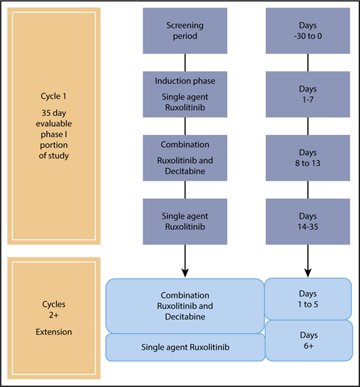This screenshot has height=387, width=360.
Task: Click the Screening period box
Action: tap(185, 30)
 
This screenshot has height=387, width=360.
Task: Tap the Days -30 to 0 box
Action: tap(307, 30)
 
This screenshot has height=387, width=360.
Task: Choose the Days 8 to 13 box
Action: tap(307, 158)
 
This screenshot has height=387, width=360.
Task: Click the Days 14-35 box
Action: tap(307, 221)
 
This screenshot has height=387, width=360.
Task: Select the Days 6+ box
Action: tap(308, 340)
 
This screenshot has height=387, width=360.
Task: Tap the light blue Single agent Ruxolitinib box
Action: tap(185, 348)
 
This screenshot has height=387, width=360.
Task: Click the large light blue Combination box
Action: tap(185, 305)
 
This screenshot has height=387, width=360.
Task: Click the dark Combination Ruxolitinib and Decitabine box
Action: tap(185, 158)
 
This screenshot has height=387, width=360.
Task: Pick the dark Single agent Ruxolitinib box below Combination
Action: tap(185, 221)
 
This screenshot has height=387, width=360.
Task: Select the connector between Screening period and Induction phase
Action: tap(185, 62)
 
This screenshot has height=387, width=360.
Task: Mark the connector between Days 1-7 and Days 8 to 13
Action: tap(307, 126)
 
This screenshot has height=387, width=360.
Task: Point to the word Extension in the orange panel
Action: tap(54, 332)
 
